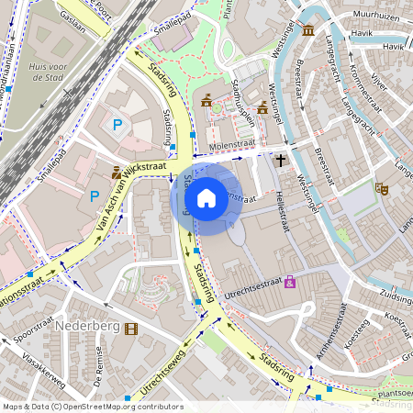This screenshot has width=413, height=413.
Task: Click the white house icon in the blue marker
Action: click(206, 197)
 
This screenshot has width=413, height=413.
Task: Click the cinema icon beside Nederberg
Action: click(131, 329)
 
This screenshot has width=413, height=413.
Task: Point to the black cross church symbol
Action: click(281, 160)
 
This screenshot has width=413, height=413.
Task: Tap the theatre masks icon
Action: click(382, 188)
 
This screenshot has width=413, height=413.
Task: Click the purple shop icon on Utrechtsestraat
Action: click(291, 282)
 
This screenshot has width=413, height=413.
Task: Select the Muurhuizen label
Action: click(375, 17)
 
